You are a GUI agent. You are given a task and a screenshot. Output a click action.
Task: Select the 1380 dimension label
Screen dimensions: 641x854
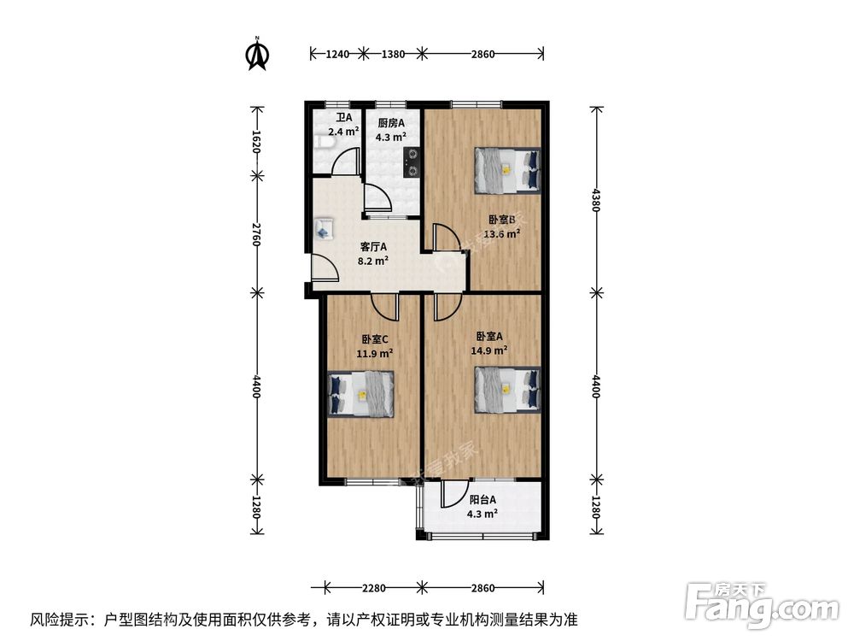[x=392, y=54]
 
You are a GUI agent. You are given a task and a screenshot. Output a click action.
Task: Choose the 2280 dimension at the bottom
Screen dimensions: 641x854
[x=374, y=587]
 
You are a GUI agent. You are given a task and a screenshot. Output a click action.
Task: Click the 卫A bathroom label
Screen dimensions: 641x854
[x=343, y=118]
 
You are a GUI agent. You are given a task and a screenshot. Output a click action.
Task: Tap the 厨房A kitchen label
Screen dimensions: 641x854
[x=391, y=122]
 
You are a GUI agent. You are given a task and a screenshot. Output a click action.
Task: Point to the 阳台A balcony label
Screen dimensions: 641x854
[x=483, y=500]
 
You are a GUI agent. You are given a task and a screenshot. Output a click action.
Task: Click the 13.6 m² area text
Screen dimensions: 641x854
[x=502, y=232]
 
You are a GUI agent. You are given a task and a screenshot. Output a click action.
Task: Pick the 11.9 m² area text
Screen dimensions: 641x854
[x=374, y=352]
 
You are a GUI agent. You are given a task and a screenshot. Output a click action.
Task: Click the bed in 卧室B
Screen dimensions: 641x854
[x=507, y=168]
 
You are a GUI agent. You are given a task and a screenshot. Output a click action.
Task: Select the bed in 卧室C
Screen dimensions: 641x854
[x=361, y=394]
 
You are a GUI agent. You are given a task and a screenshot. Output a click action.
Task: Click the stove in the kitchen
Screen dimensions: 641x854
[x=412, y=162]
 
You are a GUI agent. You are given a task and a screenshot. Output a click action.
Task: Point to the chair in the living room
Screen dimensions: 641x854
[x=324, y=228]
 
